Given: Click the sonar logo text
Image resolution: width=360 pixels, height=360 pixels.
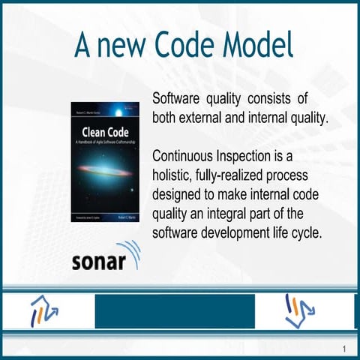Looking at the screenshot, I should pos(104,262).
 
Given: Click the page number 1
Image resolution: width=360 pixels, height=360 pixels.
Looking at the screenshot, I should pos(343,349).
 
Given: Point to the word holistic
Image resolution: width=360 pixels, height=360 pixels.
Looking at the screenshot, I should pos(175,176).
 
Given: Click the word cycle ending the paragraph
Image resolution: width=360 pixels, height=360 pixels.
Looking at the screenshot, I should pos(306,233).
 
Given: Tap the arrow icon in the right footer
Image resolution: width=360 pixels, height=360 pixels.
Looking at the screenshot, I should pos(301,310).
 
